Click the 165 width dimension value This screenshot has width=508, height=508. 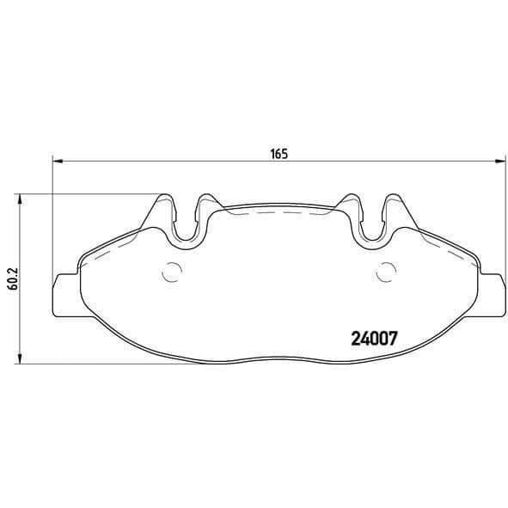[x=279, y=154]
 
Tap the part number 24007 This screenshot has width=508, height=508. [x=374, y=339]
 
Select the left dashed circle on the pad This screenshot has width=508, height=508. [x=172, y=272]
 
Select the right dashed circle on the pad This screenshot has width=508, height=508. [x=386, y=272]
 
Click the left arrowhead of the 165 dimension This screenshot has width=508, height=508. [x=58, y=161]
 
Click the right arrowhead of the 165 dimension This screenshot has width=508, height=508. [x=500, y=161]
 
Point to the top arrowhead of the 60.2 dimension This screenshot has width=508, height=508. [x=20, y=199]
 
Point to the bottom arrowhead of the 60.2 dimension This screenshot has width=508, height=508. [x=20, y=358]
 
